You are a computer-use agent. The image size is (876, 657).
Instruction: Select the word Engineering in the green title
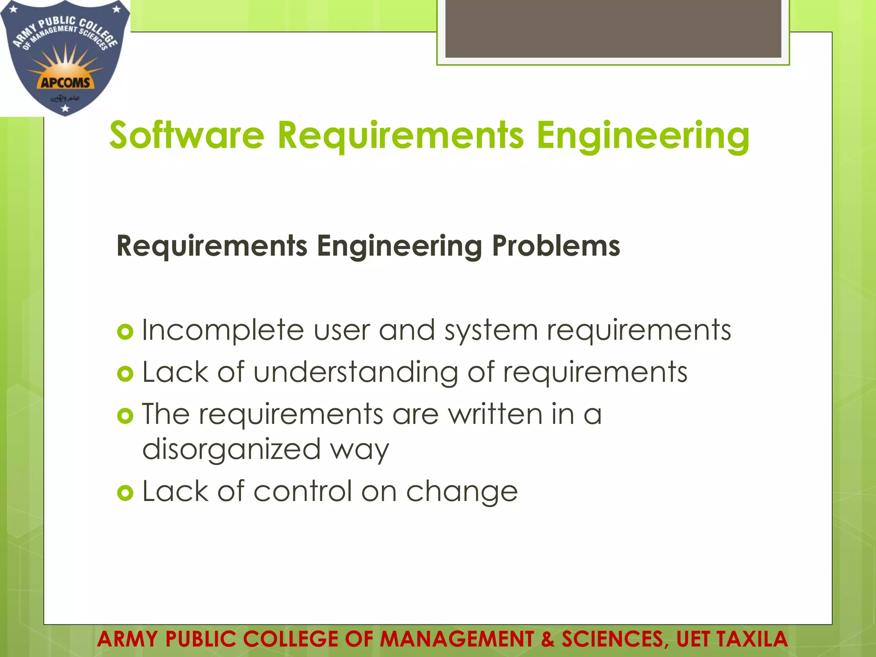coord(643,136)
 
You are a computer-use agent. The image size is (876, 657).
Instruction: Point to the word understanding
coord(356,372)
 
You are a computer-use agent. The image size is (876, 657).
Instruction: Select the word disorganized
coord(231,449)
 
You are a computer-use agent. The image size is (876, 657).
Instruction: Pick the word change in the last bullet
coord(462,492)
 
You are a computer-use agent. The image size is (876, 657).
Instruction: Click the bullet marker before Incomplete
coord(125,332)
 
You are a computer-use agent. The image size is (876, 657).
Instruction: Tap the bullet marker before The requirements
coord(125,416)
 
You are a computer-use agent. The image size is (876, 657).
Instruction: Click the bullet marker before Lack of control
coord(125,493)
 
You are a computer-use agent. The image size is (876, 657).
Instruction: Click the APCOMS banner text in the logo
coord(65,82)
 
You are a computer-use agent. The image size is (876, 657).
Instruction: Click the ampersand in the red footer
coord(547,639)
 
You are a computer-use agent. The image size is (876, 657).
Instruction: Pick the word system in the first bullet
coord(491,331)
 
